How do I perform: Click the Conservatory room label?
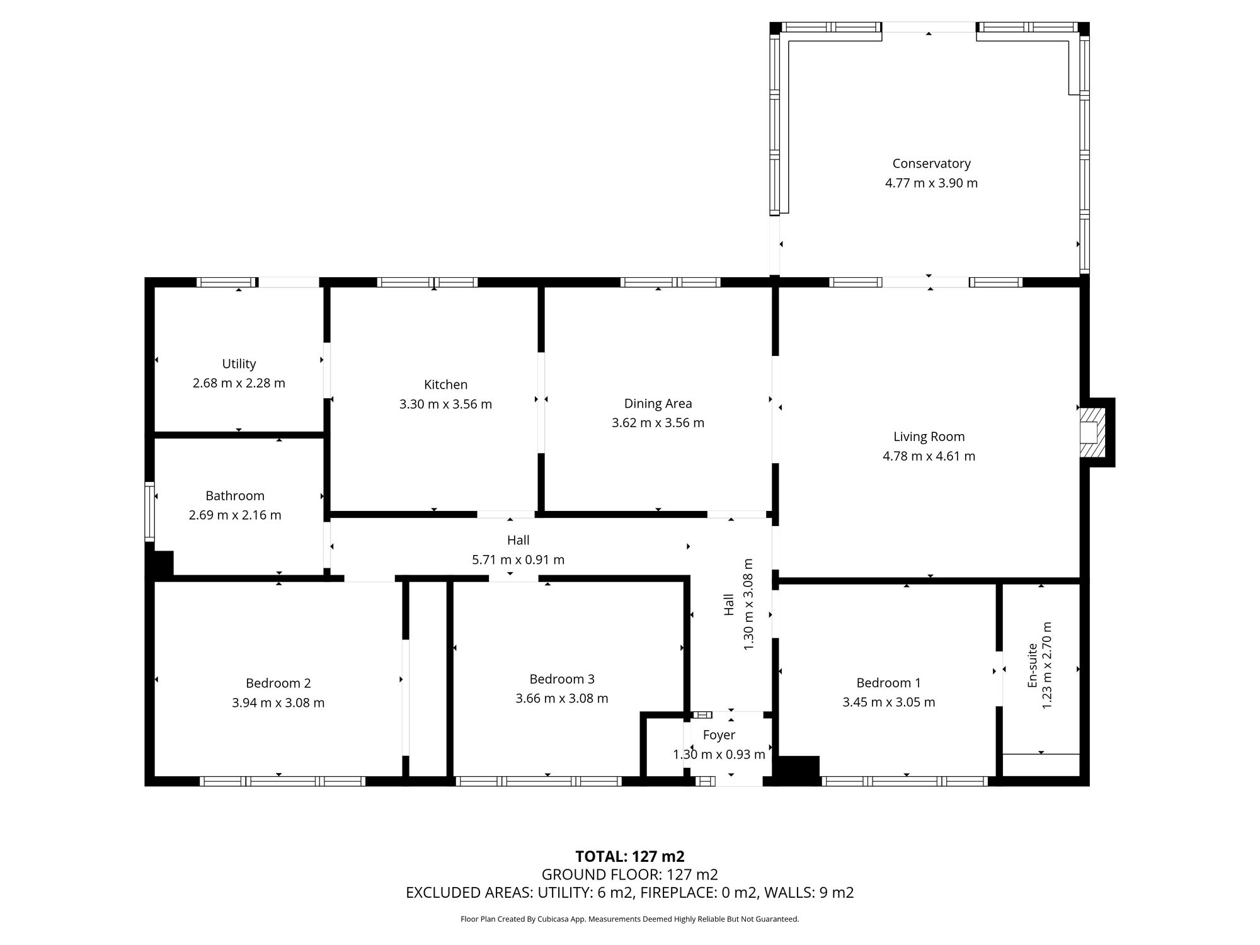click(x=931, y=164)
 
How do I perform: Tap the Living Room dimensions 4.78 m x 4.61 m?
click(x=929, y=456)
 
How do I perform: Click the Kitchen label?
click(x=445, y=384)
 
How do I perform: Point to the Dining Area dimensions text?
click(x=658, y=423)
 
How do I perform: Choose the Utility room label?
click(x=239, y=364)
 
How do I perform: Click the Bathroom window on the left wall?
click(x=149, y=512)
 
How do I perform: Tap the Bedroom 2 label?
click(x=278, y=683)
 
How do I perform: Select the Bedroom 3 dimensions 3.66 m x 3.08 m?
click(x=561, y=698)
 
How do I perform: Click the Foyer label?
click(x=719, y=735)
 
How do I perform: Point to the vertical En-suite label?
click(x=1032, y=665)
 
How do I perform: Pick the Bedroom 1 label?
click(x=888, y=683)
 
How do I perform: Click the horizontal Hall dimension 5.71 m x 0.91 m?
click(x=518, y=559)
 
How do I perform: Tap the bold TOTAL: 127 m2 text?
click(x=629, y=856)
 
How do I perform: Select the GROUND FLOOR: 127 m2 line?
click(x=629, y=874)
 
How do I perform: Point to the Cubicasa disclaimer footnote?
click(x=629, y=919)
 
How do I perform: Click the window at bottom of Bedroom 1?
click(x=905, y=781)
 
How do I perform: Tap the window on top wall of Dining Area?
click(x=670, y=282)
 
